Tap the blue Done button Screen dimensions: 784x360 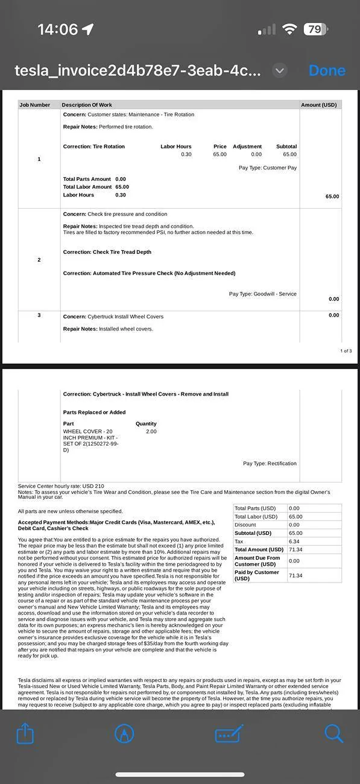(x=327, y=71)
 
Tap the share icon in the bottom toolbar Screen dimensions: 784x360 (x=25, y=734)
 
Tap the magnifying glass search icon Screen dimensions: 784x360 (x=333, y=733)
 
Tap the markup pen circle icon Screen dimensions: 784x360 (x=124, y=733)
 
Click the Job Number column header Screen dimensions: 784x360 (x=35, y=105)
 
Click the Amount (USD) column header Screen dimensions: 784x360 (x=319, y=105)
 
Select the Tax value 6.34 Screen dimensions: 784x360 (x=294, y=542)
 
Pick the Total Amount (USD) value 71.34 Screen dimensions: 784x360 (x=295, y=550)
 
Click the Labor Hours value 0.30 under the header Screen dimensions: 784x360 (x=186, y=154)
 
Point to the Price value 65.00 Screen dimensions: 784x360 (x=219, y=154)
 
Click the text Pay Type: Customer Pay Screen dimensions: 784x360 (x=268, y=168)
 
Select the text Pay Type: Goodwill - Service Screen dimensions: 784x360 (x=263, y=294)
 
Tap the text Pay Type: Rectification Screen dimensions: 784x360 (x=270, y=464)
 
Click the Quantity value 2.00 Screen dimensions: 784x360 (x=151, y=432)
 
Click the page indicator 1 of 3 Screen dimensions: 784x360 (x=346, y=351)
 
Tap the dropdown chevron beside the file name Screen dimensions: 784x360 (x=279, y=71)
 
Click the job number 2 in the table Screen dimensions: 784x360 (x=39, y=260)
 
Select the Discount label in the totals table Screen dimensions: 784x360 (x=246, y=525)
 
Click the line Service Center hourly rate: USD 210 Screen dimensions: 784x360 (x=61, y=486)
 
